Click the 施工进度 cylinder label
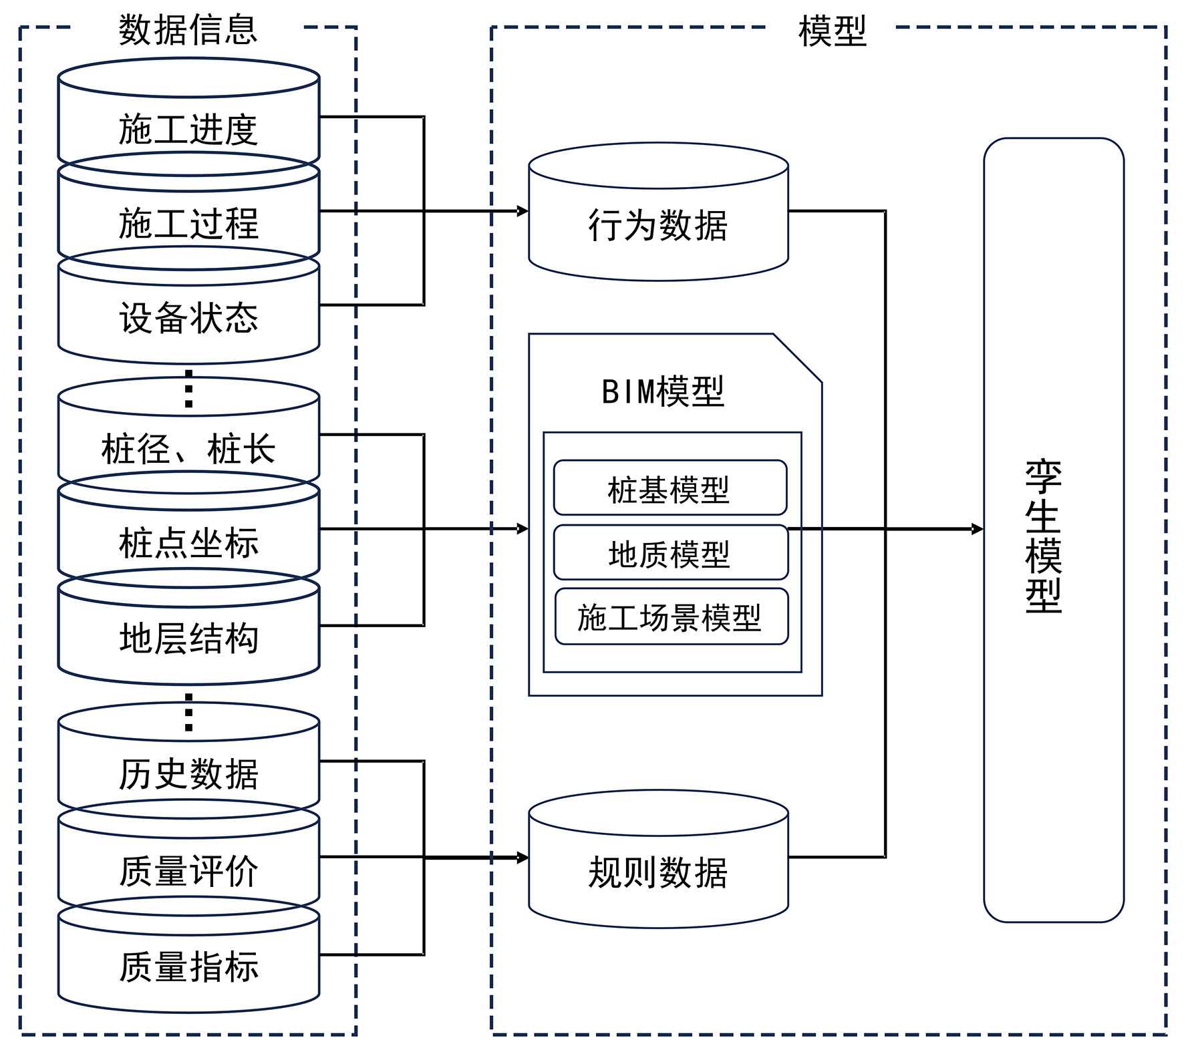[188, 129]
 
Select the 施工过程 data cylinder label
[188, 223]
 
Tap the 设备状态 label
[188, 317]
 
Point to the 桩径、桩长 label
[188, 448]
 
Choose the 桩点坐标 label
[188, 542]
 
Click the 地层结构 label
[188, 637]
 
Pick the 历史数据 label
[188, 774]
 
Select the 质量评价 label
[188, 871]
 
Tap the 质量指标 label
[188, 967]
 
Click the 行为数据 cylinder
[658, 224]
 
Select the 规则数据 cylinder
[658, 872]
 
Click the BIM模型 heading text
[663, 391]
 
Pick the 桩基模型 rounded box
[670, 489]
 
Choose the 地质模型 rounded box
[670, 553]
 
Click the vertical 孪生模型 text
[1044, 536]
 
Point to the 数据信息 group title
[188, 30]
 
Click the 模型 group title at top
[832, 31]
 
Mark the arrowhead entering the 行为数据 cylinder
[523, 211]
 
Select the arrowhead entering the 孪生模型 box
[978, 529]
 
